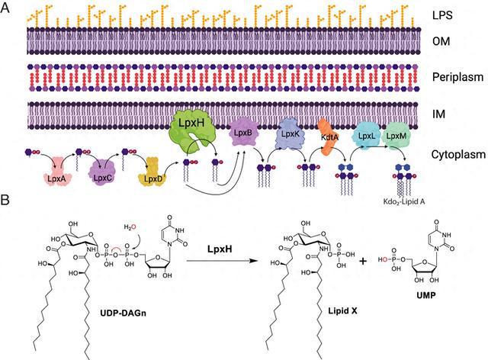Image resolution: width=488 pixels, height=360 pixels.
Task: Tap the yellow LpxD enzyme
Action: (x=153, y=173)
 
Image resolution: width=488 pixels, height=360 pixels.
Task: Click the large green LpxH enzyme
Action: (x=192, y=130)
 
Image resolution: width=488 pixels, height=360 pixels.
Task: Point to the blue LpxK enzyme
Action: (x=290, y=134)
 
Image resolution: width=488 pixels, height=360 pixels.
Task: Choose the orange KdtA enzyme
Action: (x=329, y=137)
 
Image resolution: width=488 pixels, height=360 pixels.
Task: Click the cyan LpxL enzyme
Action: (x=367, y=137)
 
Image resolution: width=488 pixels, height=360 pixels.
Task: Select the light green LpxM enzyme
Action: (x=396, y=136)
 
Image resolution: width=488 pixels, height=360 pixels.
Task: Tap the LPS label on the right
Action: (x=442, y=15)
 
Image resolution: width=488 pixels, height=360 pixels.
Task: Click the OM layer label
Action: (x=441, y=41)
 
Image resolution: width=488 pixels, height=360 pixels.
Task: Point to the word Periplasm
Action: (x=457, y=77)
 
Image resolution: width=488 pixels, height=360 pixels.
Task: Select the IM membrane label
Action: (x=438, y=114)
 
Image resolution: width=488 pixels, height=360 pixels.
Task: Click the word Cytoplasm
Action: (x=458, y=155)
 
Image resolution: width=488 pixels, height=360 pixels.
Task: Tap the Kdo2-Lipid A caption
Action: (x=404, y=201)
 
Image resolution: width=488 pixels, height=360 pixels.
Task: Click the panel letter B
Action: (x=5, y=201)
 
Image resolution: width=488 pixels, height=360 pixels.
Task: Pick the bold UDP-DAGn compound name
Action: (x=124, y=313)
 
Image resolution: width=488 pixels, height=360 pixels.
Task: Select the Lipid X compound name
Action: (x=342, y=310)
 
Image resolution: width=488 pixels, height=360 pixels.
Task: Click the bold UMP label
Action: (x=425, y=295)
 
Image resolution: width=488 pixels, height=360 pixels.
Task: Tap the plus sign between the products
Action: (x=363, y=261)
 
